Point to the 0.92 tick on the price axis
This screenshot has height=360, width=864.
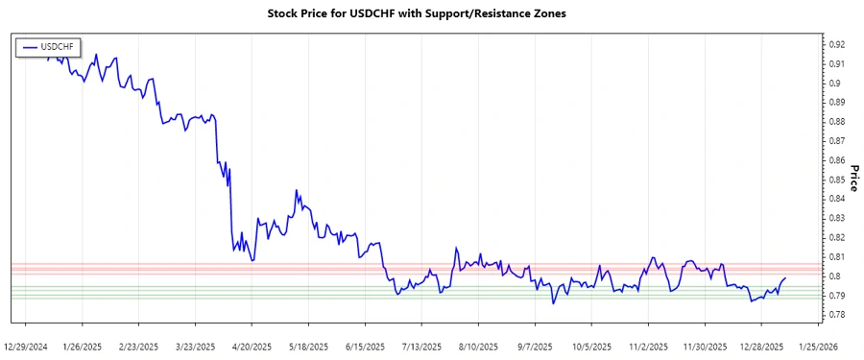click(836, 44)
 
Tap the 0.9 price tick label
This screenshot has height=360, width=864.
click(834, 83)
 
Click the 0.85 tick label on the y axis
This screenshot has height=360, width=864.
click(836, 180)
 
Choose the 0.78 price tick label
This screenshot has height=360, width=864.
click(836, 315)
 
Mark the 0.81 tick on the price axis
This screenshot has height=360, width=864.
click(836, 256)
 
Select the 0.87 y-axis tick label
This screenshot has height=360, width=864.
click(836, 141)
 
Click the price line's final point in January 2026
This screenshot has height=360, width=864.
click(785, 277)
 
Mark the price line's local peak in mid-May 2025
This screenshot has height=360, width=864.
click(296, 190)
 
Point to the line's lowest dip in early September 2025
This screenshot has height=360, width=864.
click(553, 303)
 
